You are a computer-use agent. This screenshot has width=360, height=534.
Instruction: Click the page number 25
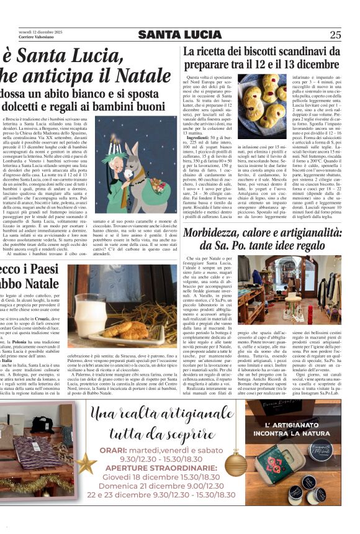point(335,34)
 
